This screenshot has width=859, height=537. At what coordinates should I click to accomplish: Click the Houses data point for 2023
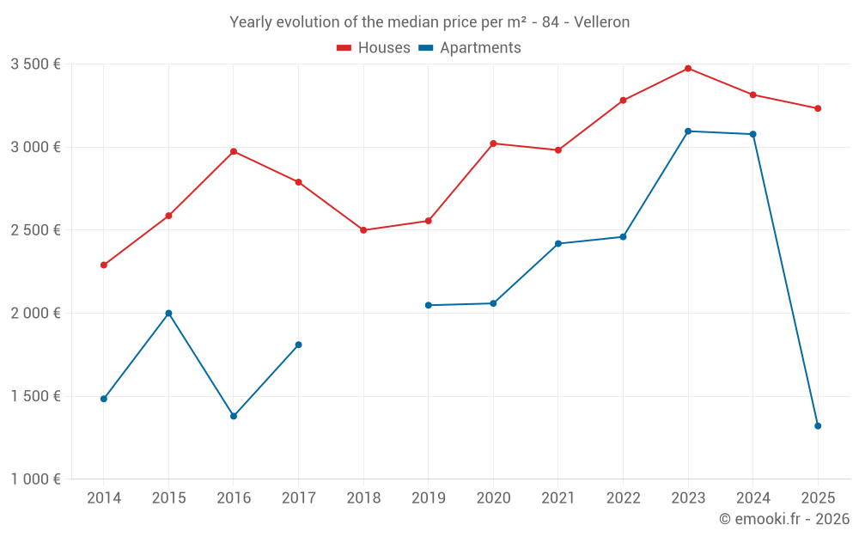coord(688,69)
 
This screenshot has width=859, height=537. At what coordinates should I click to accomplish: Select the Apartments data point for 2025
coord(818,426)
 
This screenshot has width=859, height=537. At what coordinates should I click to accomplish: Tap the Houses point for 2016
coord(234,152)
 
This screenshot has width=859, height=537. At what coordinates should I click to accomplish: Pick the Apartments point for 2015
coord(168,314)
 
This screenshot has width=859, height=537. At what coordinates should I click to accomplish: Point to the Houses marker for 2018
coord(363,230)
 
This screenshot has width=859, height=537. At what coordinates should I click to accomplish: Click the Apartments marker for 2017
coord(298,345)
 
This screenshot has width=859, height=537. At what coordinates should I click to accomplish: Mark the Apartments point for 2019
coord(429,306)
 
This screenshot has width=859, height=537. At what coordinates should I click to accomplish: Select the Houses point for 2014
coord(104,265)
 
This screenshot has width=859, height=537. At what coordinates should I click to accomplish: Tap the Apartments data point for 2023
coord(688,131)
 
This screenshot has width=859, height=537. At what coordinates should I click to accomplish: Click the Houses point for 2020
coord(493,143)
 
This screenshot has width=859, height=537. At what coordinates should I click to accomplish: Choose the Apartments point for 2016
coord(234,416)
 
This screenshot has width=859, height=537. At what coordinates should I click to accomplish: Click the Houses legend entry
coord(374,48)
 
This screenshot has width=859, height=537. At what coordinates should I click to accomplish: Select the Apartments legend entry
coord(470,48)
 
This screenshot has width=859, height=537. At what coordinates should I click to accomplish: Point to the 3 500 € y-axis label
coord(35,64)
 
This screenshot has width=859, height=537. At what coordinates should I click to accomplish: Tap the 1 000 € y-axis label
coord(35,479)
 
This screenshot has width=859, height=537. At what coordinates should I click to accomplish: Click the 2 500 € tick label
coord(35,230)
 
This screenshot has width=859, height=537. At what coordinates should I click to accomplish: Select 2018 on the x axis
coord(363,498)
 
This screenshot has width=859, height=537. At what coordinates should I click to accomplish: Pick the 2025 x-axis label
coord(818,498)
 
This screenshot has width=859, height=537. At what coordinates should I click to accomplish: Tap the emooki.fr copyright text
coord(783,519)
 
